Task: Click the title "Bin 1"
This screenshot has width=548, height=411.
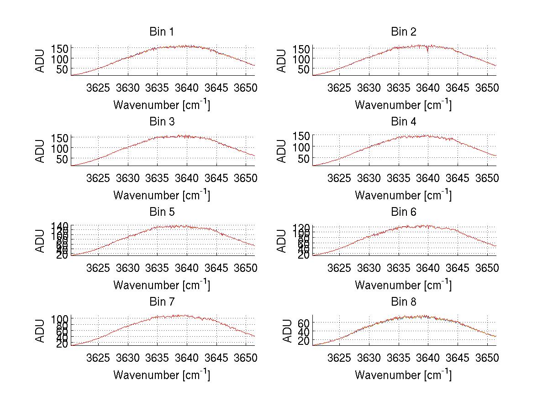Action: pyautogui.click(x=162, y=31)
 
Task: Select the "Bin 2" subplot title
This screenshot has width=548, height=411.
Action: pyautogui.click(x=403, y=31)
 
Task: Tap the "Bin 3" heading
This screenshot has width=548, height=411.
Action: pyautogui.click(x=162, y=121)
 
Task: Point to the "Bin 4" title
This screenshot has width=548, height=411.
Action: pyautogui.click(x=403, y=121)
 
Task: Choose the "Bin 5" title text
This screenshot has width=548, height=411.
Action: pyautogui.click(x=162, y=212)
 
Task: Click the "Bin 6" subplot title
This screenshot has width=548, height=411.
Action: pyautogui.click(x=403, y=212)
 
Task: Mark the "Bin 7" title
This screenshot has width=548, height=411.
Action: pyautogui.click(x=162, y=302)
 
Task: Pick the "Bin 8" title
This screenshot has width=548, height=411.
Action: pyautogui.click(x=403, y=302)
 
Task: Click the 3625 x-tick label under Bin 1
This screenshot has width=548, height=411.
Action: pyautogui.click(x=98, y=88)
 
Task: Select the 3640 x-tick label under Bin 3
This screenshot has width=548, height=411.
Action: pyautogui.click(x=186, y=177)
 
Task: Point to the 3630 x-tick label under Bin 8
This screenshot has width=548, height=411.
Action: pyautogui.click(x=369, y=358)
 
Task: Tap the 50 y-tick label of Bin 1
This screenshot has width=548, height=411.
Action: pyautogui.click(x=63, y=69)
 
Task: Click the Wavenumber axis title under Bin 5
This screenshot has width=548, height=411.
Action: pyautogui.click(x=162, y=285)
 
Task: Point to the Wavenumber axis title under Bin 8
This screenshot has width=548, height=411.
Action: pyautogui.click(x=403, y=375)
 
